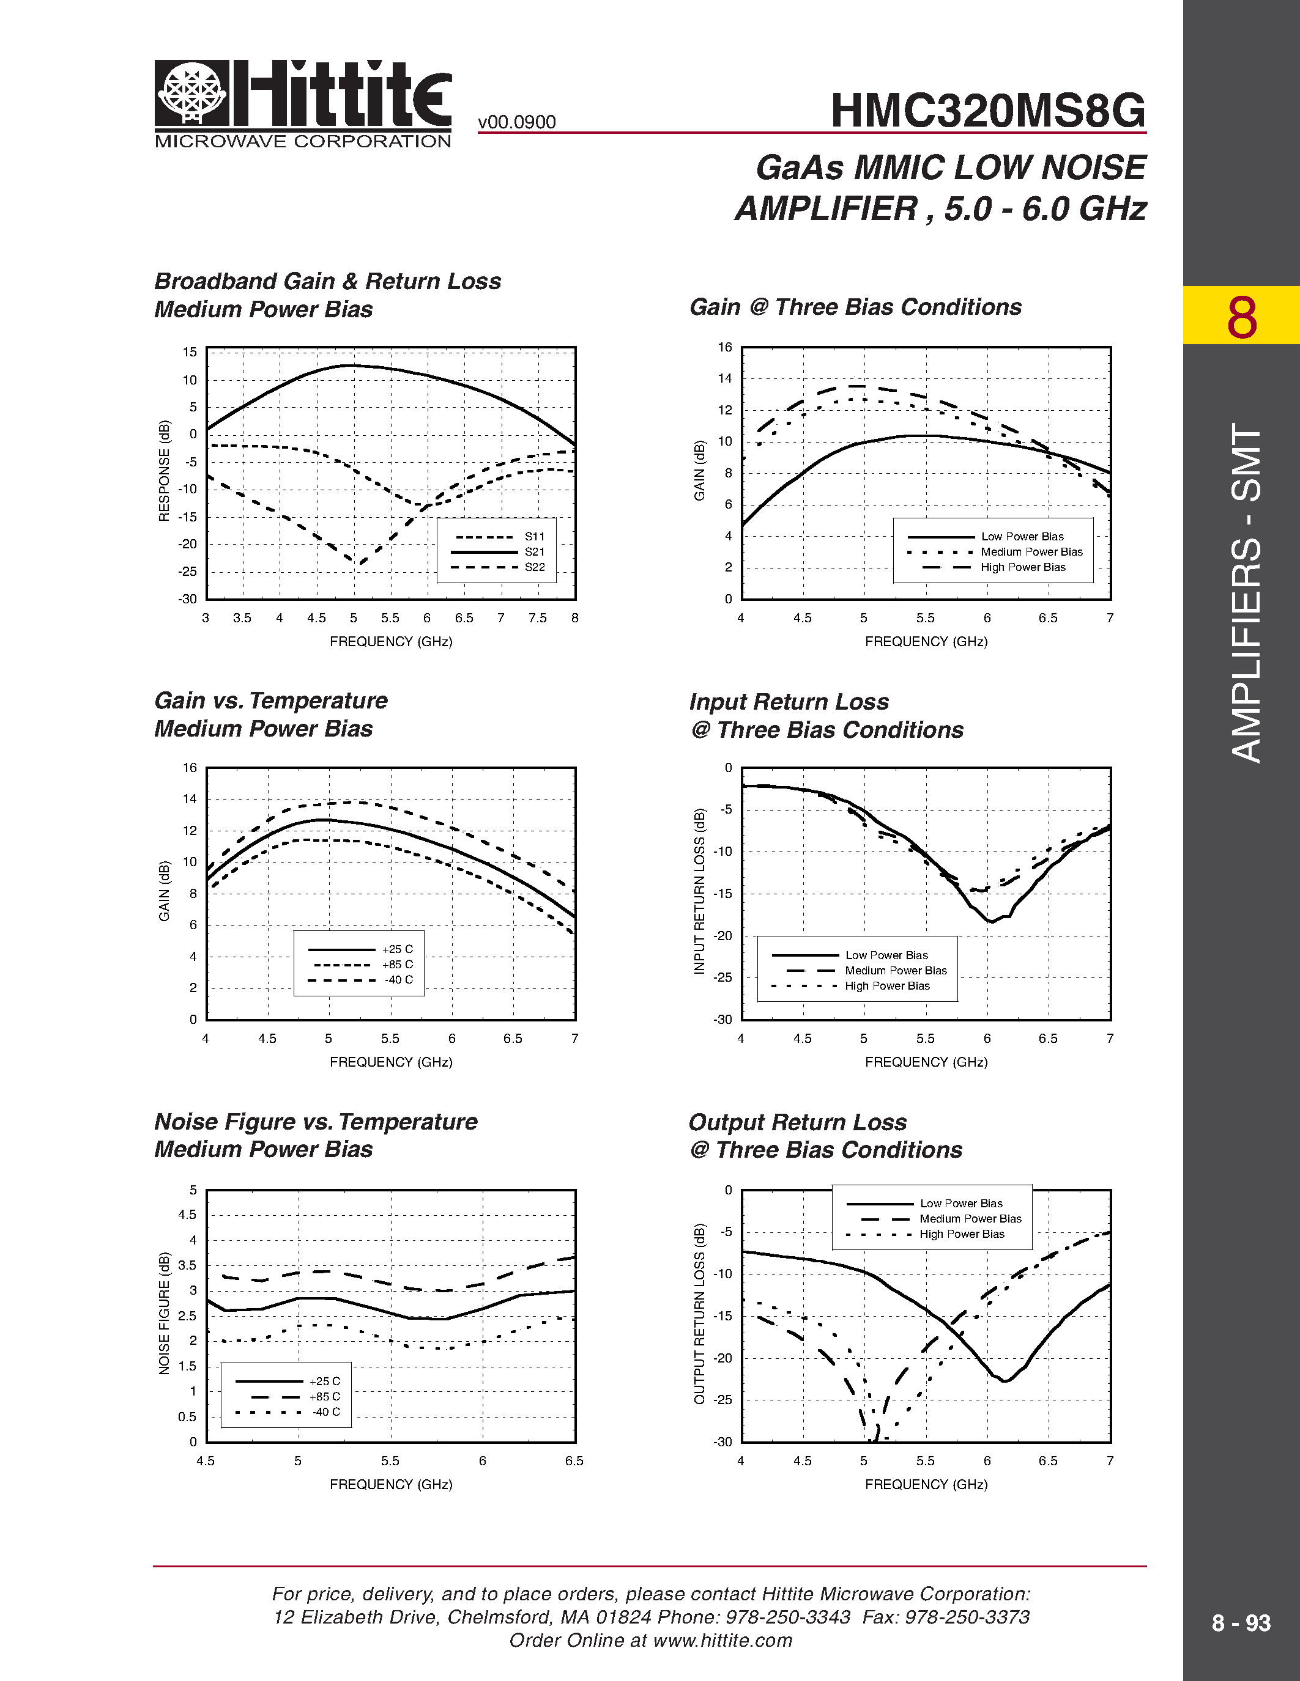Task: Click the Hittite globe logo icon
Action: click(x=191, y=92)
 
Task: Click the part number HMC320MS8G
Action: click(x=987, y=111)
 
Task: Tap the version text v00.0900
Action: click(x=517, y=122)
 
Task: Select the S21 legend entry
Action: click(x=535, y=552)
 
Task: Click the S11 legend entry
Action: click(x=535, y=537)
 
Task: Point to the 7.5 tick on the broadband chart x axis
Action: click(x=538, y=618)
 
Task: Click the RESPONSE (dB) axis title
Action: click(x=164, y=471)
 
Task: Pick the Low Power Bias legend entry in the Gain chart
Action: click(x=1022, y=537)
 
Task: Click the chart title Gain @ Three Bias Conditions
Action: click(x=855, y=307)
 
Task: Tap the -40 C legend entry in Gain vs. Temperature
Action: click(x=399, y=980)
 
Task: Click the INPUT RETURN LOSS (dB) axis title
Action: click(x=699, y=891)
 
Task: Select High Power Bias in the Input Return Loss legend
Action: click(x=887, y=986)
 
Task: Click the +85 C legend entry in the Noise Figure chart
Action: click(x=324, y=1396)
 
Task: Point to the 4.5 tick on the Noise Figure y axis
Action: click(x=187, y=1215)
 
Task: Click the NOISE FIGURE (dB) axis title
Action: click(x=164, y=1313)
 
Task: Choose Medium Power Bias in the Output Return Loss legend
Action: click(x=970, y=1218)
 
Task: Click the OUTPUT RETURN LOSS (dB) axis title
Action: click(x=699, y=1313)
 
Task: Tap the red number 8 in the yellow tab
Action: click(x=1241, y=317)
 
